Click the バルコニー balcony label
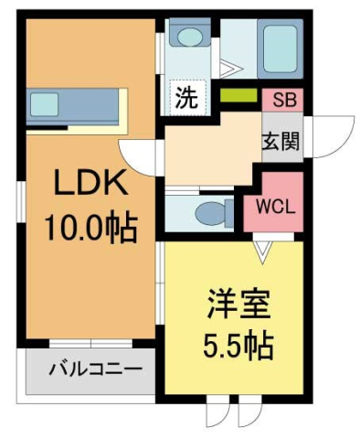point(95,371)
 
